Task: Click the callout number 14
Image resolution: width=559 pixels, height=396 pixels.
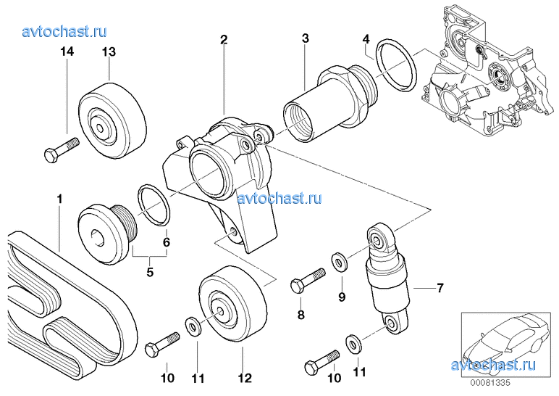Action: pos(67,51)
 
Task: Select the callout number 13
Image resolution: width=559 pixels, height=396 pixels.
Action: pos(109,51)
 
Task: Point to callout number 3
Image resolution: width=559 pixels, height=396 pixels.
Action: pos(306,38)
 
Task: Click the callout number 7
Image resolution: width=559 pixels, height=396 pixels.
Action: pos(439,289)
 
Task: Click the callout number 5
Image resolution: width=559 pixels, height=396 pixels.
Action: pos(150,273)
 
